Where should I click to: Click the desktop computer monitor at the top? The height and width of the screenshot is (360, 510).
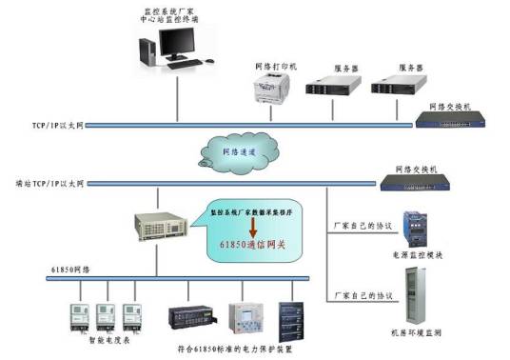pos(177,43)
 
